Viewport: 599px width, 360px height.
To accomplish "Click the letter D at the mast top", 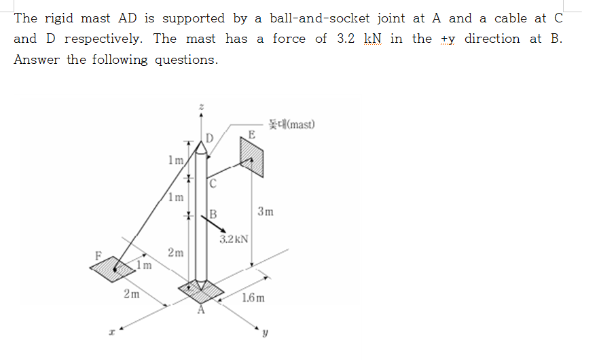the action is click(x=210, y=139).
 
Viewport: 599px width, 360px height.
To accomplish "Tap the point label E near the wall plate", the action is click(x=251, y=134).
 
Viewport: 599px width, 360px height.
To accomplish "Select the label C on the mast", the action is click(x=213, y=183).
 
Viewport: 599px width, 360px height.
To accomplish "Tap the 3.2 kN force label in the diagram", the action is click(x=234, y=239).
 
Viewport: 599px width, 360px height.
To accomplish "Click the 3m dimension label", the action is click(x=266, y=211).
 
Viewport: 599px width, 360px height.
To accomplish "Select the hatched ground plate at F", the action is click(x=113, y=268).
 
